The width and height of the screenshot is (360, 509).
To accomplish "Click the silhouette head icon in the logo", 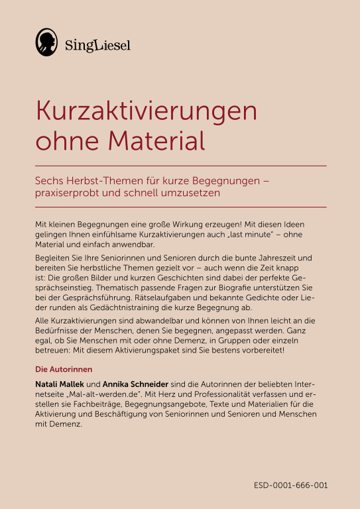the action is click(46, 42).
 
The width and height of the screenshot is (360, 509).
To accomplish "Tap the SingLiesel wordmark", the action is click(97, 45).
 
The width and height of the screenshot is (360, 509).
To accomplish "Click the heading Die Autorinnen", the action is click(63, 368).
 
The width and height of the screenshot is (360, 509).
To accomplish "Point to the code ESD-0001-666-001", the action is click(290, 485).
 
